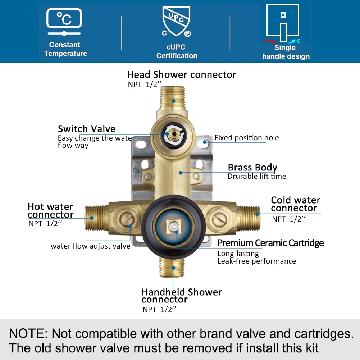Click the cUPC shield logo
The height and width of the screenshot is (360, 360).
point(176,21)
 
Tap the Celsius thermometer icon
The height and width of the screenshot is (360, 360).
point(64,22)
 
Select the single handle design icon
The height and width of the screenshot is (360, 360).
point(283,23)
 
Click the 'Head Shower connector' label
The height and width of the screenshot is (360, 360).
point(182,74)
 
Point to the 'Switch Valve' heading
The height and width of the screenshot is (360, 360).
point(87,129)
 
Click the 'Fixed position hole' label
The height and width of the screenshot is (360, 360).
point(247,138)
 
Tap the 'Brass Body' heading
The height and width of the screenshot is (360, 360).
point(252,168)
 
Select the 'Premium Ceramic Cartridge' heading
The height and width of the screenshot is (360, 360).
point(271,243)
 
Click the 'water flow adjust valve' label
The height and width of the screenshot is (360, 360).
point(91,246)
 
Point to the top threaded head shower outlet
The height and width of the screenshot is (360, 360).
point(173,98)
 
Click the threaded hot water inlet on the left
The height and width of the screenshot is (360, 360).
point(96,218)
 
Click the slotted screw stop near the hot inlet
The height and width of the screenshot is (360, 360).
point(127,219)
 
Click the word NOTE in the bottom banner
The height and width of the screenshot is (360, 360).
point(28,333)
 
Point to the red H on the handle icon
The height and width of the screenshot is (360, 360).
point(266,41)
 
